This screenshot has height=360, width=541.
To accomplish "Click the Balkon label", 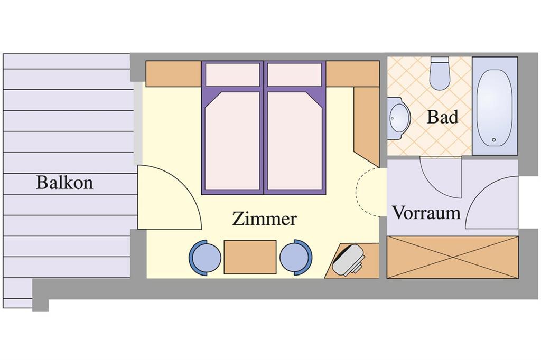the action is [64, 183].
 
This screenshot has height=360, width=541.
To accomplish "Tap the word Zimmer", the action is [264, 219].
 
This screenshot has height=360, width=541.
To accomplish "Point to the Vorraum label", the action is [426, 213].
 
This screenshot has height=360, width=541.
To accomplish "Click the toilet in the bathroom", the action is [440, 74].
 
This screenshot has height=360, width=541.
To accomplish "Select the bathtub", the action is [495, 106].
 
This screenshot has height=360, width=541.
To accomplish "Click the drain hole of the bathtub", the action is [494, 140].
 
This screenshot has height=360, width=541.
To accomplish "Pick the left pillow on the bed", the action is [233, 74].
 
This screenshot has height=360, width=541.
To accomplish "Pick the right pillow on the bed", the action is [295, 74].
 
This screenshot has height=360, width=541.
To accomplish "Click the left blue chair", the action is [205, 258].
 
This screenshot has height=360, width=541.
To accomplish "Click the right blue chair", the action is [296, 258].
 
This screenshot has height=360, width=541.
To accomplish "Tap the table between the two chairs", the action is [250, 257].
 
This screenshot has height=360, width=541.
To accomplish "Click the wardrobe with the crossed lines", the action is [452, 257].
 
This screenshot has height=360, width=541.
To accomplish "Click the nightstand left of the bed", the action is [173, 74].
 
